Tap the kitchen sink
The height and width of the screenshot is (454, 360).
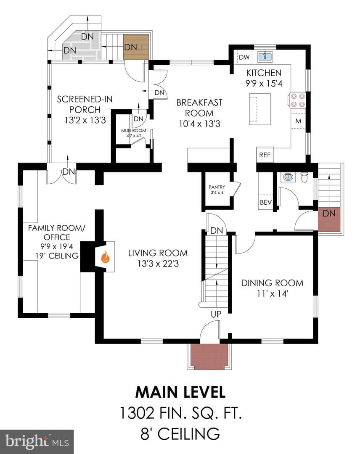265,56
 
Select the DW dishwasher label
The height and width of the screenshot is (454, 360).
244,57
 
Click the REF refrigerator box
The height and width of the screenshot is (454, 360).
265,155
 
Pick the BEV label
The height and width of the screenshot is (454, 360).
266,202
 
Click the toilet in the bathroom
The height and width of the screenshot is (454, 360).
304,177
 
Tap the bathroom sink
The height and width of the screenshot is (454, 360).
288,176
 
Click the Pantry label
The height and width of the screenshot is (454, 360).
217,187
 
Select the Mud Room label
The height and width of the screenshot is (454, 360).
133,131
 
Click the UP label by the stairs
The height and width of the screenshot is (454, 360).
216,314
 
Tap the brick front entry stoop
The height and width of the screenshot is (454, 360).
209,356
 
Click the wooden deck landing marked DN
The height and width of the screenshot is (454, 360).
136,47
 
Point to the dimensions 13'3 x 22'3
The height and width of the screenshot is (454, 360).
158,264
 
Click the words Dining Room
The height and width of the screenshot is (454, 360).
272,283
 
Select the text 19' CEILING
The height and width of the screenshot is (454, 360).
57,256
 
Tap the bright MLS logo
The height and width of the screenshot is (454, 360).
37,441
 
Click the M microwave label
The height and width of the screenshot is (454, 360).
298,121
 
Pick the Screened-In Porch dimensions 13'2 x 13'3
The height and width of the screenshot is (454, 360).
85,120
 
